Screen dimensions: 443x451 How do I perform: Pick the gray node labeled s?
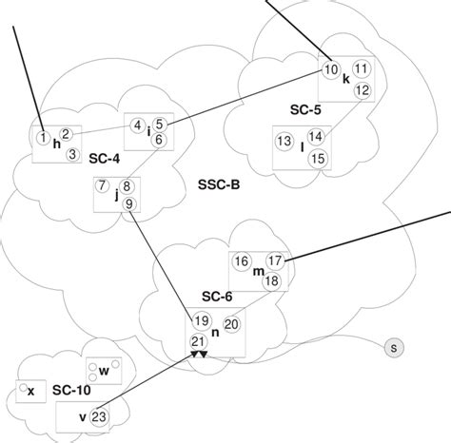click(393, 349)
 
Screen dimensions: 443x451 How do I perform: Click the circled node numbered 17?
click(275, 260)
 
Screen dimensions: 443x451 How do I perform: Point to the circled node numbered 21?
click(199, 341)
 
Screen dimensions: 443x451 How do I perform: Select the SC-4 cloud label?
click(102, 155)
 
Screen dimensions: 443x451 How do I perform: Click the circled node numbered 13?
click(284, 142)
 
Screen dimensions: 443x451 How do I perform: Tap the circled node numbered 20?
click(231, 324)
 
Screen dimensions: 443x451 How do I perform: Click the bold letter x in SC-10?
click(31, 391)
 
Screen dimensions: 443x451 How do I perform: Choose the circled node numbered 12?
click(362, 90)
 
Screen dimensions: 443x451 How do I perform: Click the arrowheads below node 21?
click(199, 355)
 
